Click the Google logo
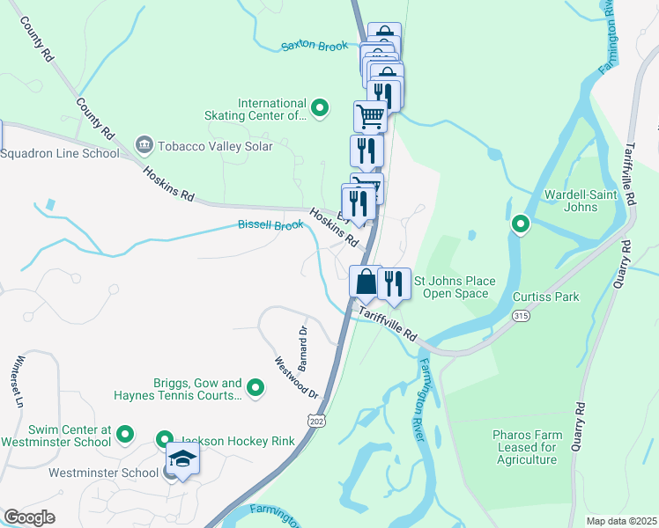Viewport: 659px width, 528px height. coord(29,517)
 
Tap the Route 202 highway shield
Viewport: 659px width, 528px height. coord(315,422)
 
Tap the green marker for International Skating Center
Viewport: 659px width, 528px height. coord(321,109)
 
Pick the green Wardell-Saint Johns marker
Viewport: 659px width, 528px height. coord(521,225)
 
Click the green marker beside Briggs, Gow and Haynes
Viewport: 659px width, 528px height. coord(255,387)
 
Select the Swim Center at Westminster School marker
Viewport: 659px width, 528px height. coord(125,434)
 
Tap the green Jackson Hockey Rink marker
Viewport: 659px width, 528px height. coord(165,438)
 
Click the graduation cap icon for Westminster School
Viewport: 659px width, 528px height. coord(183,459)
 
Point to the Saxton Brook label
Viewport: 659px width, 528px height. coord(315,46)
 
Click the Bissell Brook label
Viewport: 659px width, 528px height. coord(270,225)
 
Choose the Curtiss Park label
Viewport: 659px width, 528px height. coord(546,297)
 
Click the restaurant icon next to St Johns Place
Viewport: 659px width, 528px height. coord(395,282)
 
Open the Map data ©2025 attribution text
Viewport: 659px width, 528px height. coord(621,520)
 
